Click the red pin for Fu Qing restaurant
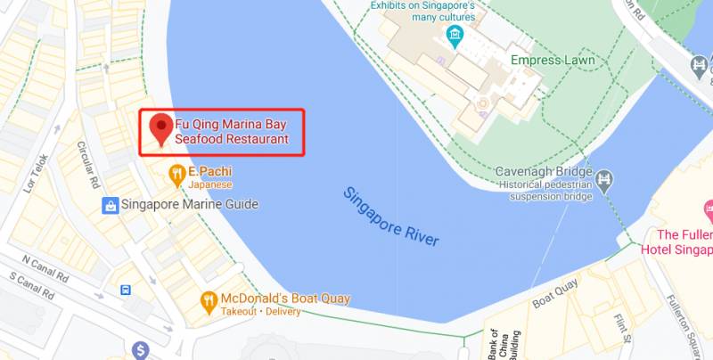tap(161, 127)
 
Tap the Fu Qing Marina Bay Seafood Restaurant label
tap(232, 131)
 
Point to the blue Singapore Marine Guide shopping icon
tap(111, 205)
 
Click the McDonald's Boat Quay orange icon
tap(209, 300)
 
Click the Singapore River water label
tap(391, 217)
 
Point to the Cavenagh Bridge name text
tap(544, 171)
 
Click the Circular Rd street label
tap(88, 160)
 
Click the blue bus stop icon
tap(127, 290)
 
